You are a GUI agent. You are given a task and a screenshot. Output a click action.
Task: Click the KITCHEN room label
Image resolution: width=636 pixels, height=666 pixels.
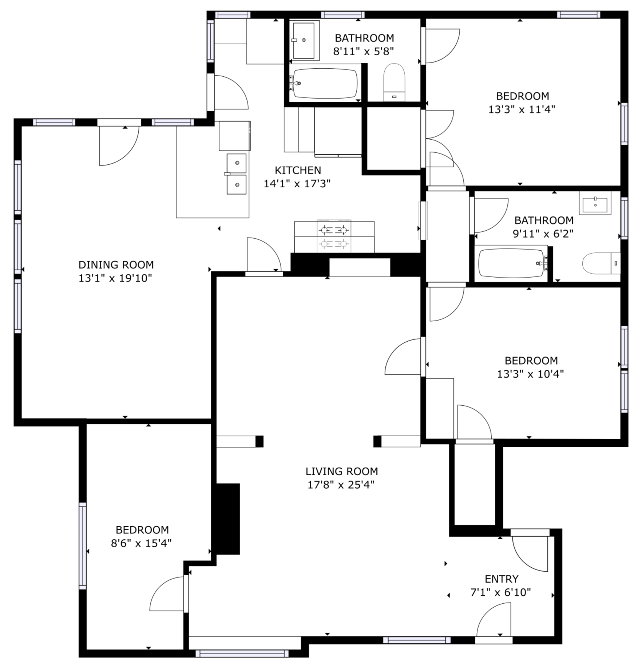click(298, 170)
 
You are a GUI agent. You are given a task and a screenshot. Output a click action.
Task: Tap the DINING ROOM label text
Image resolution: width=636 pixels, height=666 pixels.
click(116, 264)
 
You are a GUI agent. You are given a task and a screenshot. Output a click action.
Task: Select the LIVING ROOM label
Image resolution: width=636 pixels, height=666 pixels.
click(342, 471)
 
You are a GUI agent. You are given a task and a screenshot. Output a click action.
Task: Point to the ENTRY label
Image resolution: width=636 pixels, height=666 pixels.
click(501, 578)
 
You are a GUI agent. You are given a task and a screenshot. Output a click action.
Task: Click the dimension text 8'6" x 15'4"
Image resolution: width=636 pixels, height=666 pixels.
click(141, 543)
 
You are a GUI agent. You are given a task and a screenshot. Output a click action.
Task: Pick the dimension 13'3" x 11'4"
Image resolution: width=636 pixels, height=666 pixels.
click(522, 109)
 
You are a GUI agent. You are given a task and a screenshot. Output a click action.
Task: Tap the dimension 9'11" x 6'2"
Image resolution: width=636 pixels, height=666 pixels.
click(543, 233)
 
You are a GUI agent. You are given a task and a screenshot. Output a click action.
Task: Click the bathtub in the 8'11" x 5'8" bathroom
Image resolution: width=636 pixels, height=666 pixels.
click(325, 83)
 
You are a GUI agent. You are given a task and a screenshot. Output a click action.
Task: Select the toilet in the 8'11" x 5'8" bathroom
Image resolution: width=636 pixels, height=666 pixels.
click(394, 83)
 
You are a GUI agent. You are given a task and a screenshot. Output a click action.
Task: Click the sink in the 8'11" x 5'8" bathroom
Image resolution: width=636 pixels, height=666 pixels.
click(304, 40)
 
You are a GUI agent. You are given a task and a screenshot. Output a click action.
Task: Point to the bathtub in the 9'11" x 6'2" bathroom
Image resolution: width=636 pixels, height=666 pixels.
click(512, 264)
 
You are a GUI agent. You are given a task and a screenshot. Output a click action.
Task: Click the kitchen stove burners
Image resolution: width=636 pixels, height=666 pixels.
click(334, 237)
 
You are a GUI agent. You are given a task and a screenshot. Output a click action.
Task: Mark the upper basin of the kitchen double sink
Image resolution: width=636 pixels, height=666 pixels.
click(236, 163)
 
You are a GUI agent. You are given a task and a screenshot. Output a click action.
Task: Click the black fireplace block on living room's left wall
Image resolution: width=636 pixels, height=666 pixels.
click(228, 519)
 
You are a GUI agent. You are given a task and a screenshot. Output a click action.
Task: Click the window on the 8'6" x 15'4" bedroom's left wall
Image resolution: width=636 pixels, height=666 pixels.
click(83, 546)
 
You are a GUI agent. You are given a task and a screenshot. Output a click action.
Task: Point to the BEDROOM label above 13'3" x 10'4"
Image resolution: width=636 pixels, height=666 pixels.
click(531, 360)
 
